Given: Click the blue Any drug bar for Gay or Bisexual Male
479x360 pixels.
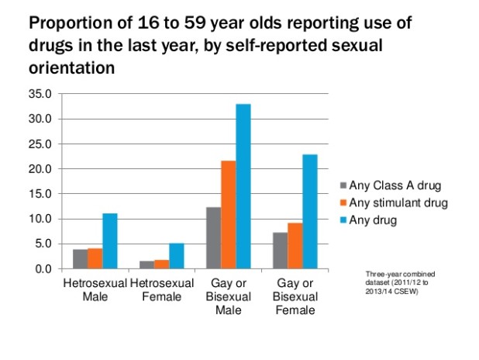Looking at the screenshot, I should (x=243, y=186).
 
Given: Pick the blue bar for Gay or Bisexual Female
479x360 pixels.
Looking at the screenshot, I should (x=310, y=211).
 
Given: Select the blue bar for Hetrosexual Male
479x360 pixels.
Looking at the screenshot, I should (x=110, y=241).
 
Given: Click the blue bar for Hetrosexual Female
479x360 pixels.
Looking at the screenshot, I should (x=177, y=255).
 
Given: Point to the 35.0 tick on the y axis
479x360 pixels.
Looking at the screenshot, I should (x=39, y=94).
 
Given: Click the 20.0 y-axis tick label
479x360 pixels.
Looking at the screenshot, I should (x=39, y=169).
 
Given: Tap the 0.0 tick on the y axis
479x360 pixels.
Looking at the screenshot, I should (x=42, y=269).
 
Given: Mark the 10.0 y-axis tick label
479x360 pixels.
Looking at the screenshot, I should (x=39, y=219).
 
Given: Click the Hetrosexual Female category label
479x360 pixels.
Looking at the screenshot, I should (x=161, y=289).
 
